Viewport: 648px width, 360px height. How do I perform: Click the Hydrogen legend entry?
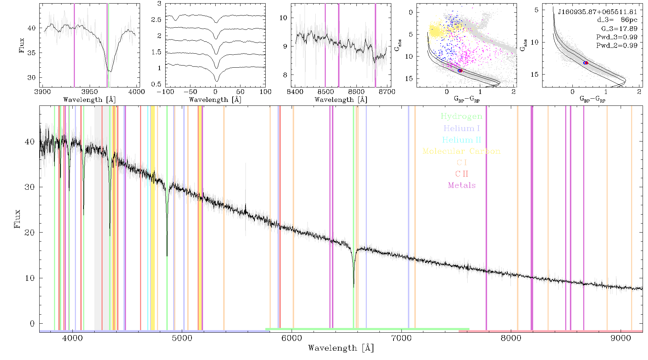461,117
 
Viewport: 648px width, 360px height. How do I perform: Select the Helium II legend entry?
462,140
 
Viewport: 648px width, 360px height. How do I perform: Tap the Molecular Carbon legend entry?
462,151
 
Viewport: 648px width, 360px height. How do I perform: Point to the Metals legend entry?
462,185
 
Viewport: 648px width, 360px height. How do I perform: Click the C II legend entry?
462,174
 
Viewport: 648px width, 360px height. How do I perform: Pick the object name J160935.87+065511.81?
598,12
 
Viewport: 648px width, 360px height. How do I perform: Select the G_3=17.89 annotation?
619,28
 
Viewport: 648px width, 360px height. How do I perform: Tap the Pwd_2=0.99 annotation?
617,45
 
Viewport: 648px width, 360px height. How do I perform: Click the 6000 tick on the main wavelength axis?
292,338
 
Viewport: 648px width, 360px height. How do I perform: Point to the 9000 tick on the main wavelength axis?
621,338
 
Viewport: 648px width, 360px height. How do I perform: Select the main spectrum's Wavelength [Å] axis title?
341,348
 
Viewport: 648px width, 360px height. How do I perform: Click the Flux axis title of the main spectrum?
17,219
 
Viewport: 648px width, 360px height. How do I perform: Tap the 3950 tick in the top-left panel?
90,92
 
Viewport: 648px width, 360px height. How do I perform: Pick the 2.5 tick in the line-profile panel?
156,19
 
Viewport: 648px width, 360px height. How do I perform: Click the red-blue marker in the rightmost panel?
586,63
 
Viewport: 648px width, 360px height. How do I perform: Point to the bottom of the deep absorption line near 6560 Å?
354,287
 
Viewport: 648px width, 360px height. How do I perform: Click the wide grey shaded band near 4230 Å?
98,217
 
